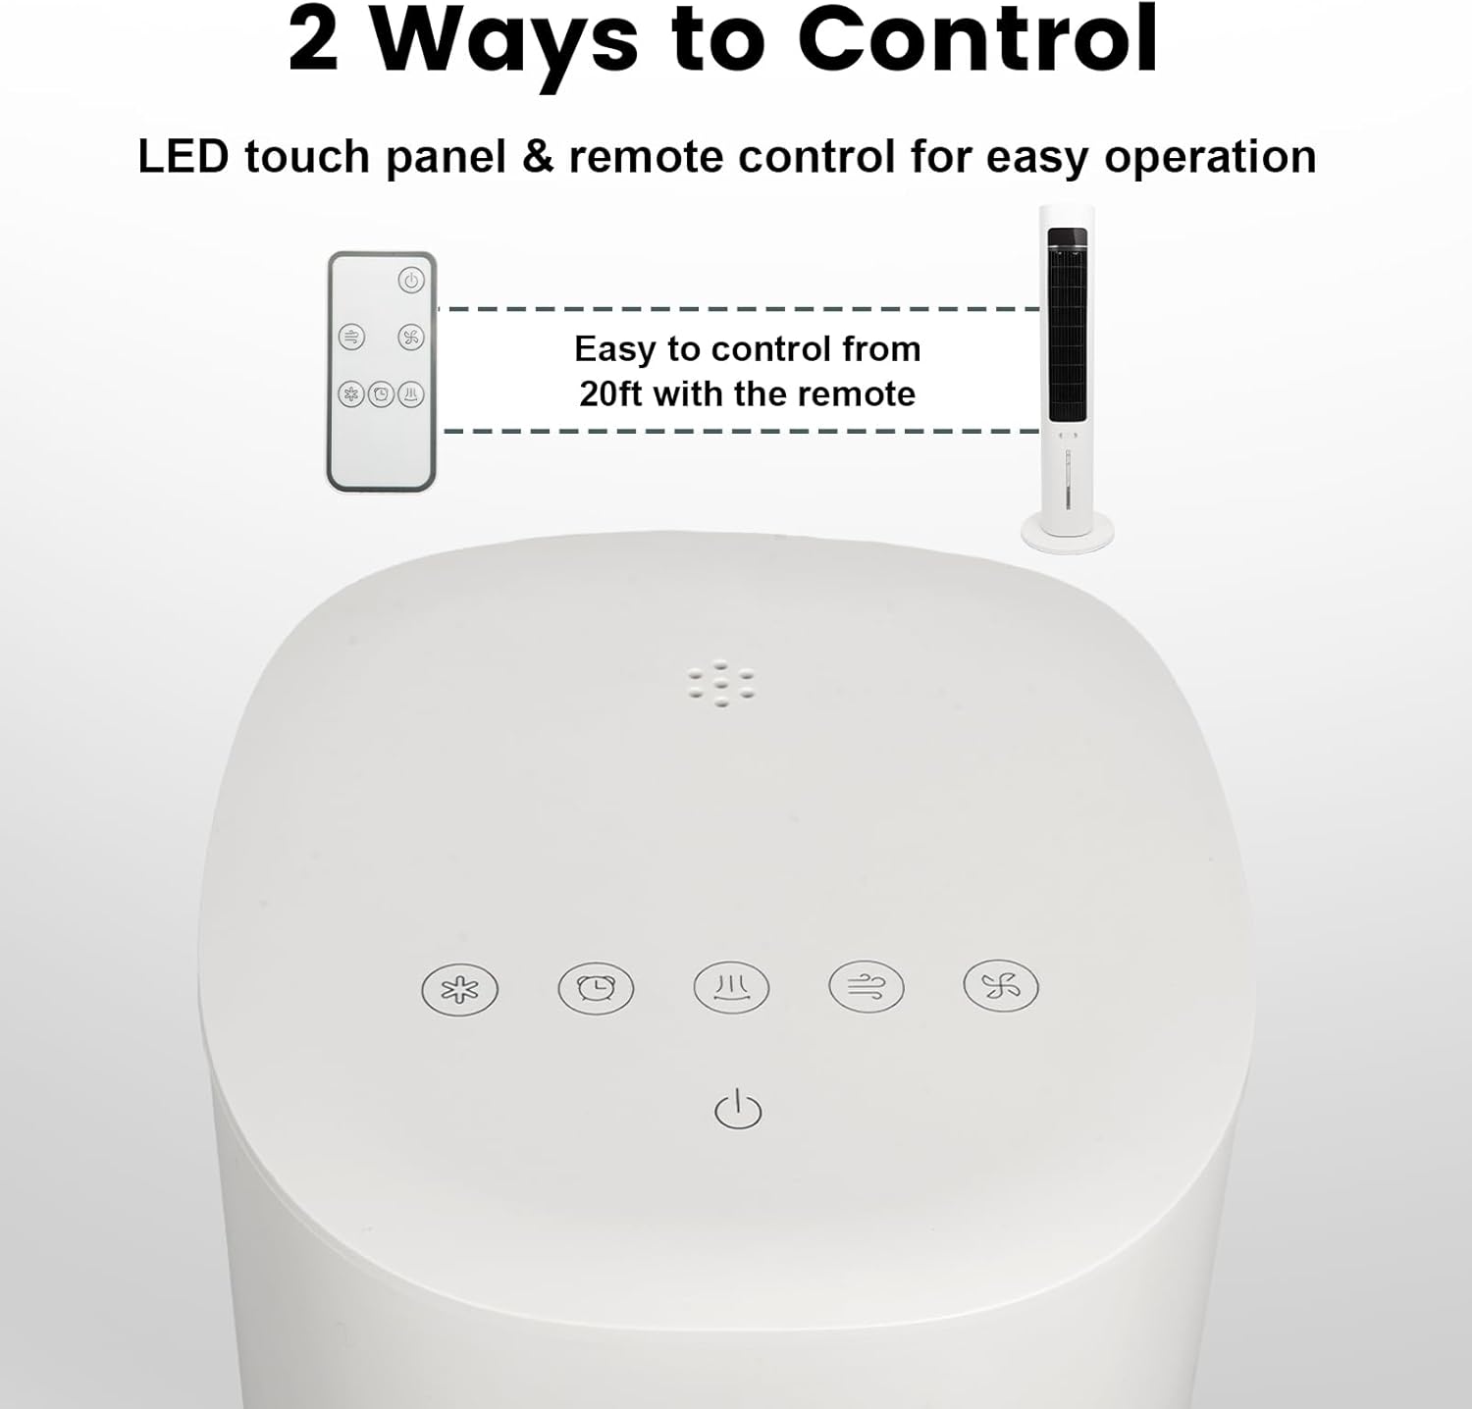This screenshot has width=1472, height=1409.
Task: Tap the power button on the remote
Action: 410,281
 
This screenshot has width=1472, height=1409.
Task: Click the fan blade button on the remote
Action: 410,339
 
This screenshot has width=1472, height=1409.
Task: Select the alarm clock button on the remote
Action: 381,394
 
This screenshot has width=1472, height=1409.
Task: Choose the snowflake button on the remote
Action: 351,394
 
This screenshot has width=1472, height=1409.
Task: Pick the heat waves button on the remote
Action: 410,394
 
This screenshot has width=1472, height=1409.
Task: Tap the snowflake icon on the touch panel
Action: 459,989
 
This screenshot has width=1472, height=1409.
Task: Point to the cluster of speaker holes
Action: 721,684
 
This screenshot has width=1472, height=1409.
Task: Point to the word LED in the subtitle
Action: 184,157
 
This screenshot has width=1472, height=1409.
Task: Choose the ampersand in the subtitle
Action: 539,157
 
